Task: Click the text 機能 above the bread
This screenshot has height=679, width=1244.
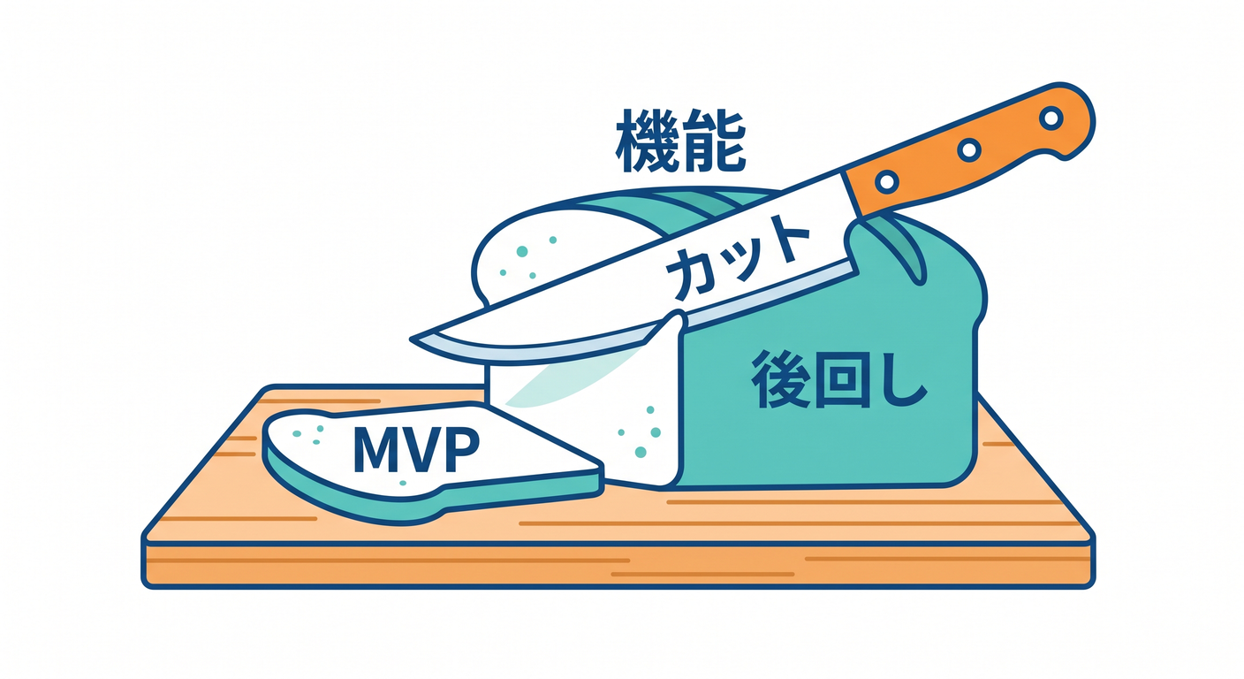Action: point(680,141)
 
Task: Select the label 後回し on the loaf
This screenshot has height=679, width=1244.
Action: point(839,379)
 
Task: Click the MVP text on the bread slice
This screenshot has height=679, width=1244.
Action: point(416,449)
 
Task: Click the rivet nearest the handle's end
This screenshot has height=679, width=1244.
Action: point(1051,118)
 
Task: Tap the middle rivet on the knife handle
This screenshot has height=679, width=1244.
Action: point(969,149)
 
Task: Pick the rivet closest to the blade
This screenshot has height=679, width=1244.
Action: point(887,181)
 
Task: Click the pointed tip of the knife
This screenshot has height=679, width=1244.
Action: point(412,339)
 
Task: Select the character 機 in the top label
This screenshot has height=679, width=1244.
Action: point(647,141)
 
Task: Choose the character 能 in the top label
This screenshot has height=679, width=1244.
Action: point(714,141)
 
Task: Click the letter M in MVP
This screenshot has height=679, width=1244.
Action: point(377,449)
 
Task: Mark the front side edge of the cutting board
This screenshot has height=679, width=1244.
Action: point(618,565)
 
